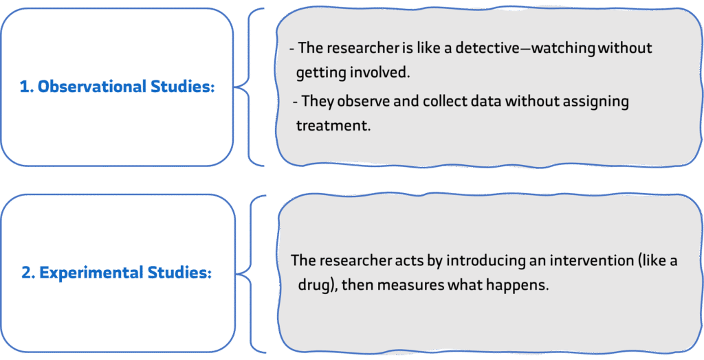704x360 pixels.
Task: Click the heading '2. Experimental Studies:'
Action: click(116, 273)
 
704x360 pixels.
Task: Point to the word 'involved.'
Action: click(386, 72)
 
